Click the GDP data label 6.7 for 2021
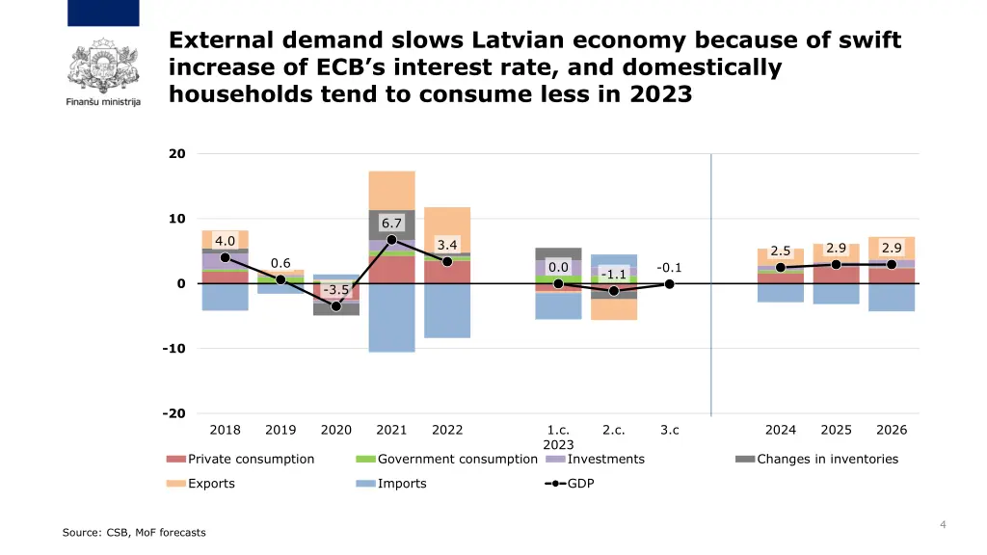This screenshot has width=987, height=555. (391, 224)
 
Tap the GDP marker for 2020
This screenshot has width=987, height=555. (336, 306)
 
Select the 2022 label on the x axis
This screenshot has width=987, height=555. (447, 430)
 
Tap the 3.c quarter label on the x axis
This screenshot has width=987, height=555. (669, 430)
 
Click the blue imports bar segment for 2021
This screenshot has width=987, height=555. (391, 318)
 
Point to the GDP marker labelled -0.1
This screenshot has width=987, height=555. (669, 283)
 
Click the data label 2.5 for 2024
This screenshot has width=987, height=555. (780, 251)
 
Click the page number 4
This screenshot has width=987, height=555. (943, 524)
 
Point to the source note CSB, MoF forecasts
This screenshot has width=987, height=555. (134, 532)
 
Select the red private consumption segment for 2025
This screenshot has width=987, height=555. (836, 274)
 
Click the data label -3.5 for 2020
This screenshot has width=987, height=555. (336, 290)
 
